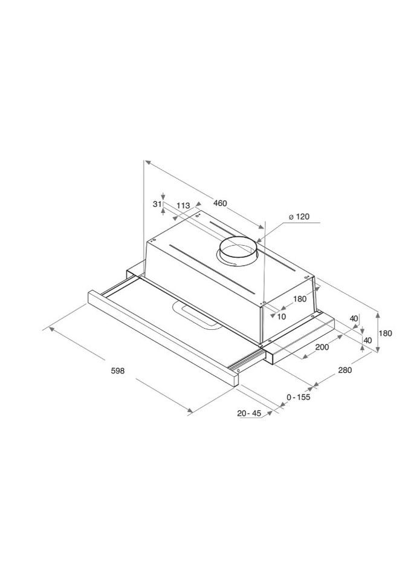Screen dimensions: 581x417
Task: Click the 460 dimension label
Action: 219,203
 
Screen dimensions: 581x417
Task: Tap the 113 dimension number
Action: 183,205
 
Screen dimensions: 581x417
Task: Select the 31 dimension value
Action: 157,205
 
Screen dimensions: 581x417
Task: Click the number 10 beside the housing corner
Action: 281,316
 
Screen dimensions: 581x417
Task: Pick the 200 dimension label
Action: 322,347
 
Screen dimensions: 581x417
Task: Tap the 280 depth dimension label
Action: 345,369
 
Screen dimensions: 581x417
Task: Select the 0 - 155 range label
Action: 298,397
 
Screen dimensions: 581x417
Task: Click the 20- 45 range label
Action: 249,413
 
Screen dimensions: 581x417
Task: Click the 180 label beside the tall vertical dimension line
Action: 386,333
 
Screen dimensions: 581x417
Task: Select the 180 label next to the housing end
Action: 300,298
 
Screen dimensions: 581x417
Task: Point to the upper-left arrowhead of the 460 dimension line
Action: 147,163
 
